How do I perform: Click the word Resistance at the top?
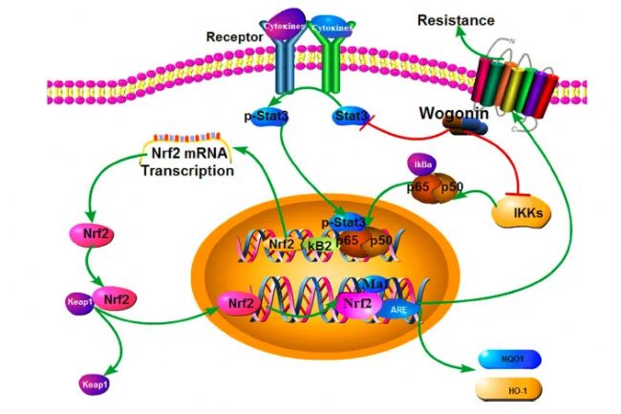click(455, 20)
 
